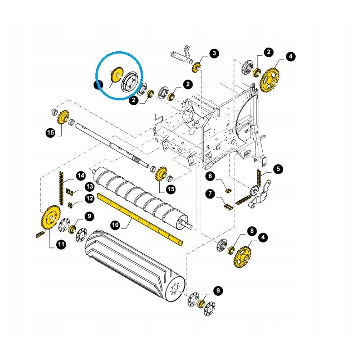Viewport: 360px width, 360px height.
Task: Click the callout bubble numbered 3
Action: click(x=214, y=53)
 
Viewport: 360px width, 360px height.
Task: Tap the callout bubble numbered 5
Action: click(x=278, y=169)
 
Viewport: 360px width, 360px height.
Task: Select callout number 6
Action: click(x=210, y=176)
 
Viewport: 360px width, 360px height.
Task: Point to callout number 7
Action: click(x=210, y=193)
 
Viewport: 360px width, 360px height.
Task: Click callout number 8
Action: click(x=252, y=231)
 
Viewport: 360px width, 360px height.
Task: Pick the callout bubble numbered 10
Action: click(x=115, y=225)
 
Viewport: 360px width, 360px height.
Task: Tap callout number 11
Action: click(x=61, y=244)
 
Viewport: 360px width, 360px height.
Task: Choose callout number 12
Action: click(x=89, y=198)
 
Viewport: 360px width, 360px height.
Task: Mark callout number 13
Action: click(x=89, y=186)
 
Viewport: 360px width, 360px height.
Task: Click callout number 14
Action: click(x=81, y=176)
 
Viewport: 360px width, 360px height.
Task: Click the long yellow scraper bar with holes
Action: click(x=140, y=219)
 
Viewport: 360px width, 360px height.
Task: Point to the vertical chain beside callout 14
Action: click(x=61, y=188)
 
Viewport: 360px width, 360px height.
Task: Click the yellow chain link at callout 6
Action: click(x=229, y=190)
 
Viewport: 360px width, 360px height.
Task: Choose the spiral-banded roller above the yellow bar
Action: click(x=140, y=198)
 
